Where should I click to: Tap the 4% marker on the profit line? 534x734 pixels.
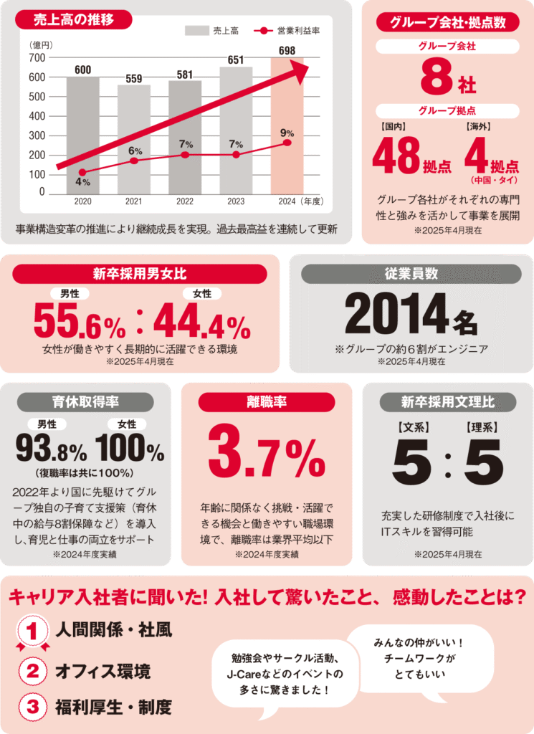[82, 172]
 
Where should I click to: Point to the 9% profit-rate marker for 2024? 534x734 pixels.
[287, 143]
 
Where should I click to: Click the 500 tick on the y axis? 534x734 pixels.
[37, 97]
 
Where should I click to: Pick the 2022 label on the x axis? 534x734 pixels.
[185, 202]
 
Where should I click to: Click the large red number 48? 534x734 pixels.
[395, 154]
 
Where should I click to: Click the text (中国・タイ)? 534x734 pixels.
[494, 179]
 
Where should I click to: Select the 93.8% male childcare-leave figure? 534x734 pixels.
[51, 450]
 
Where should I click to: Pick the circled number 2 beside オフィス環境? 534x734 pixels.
[32, 672]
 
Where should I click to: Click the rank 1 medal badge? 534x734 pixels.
[32, 633]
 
